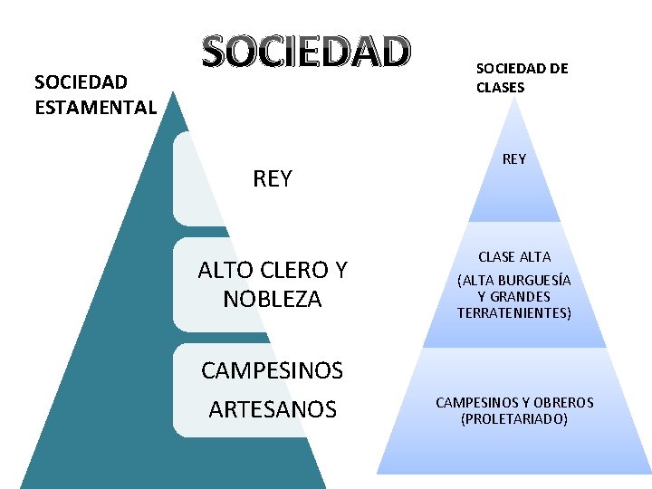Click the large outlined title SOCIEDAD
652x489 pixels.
click(x=306, y=53)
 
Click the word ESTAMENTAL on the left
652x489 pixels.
click(x=95, y=107)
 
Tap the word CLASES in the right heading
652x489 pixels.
click(x=500, y=88)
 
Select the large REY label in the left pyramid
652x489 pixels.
click(x=273, y=178)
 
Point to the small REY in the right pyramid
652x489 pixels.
click(x=513, y=159)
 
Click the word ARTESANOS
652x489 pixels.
click(x=273, y=410)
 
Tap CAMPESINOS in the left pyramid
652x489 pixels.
click(x=272, y=370)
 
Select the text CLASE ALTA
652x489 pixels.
click(x=514, y=257)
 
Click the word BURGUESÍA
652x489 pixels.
click(x=535, y=280)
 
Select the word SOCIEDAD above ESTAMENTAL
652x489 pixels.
click(x=81, y=82)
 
